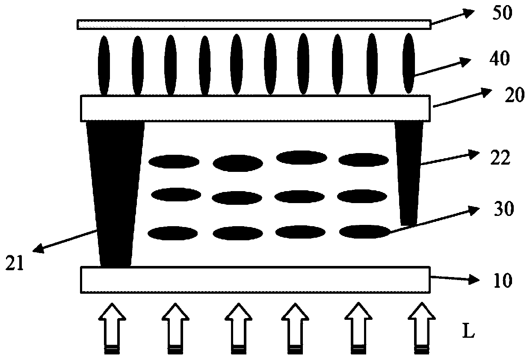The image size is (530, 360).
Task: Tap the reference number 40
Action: point(499,59)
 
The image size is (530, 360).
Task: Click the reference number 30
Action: point(502,211)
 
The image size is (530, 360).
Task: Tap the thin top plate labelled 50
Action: point(253,24)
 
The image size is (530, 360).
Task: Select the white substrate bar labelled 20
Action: point(255,108)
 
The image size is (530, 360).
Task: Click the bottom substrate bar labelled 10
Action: point(255,280)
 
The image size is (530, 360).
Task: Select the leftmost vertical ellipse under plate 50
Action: point(104,65)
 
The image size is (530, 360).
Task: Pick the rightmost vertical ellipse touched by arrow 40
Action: point(409,63)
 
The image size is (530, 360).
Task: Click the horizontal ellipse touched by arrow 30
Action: point(364,231)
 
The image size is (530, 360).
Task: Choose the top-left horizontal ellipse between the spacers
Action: point(174,162)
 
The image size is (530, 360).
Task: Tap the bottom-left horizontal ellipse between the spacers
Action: point(172,233)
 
